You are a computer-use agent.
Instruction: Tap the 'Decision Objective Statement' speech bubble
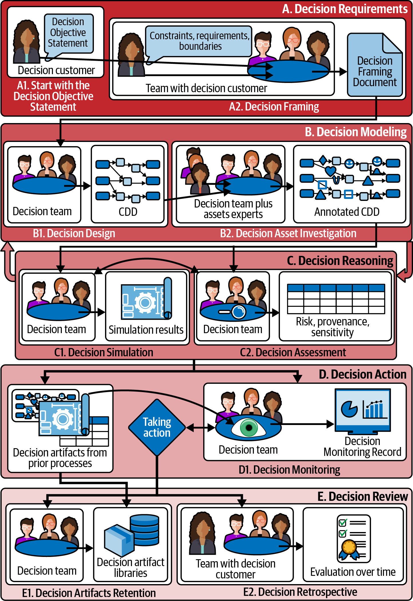click(68, 33)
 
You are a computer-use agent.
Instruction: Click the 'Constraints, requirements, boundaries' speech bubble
click(199, 41)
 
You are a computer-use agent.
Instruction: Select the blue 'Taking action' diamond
click(157, 428)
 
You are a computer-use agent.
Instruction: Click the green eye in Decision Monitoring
click(248, 428)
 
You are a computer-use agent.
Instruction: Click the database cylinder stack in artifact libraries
click(145, 529)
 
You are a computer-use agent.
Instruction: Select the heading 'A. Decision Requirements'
click(345, 9)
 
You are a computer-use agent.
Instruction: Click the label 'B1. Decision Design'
click(74, 234)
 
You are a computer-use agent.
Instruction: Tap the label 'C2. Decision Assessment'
click(293, 352)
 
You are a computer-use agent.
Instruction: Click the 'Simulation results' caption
click(146, 330)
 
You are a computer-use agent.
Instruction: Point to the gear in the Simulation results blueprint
click(145, 303)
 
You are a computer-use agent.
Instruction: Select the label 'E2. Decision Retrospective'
click(300, 592)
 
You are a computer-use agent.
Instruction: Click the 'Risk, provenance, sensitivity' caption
click(333, 327)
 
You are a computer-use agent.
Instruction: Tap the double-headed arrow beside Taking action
click(200, 428)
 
